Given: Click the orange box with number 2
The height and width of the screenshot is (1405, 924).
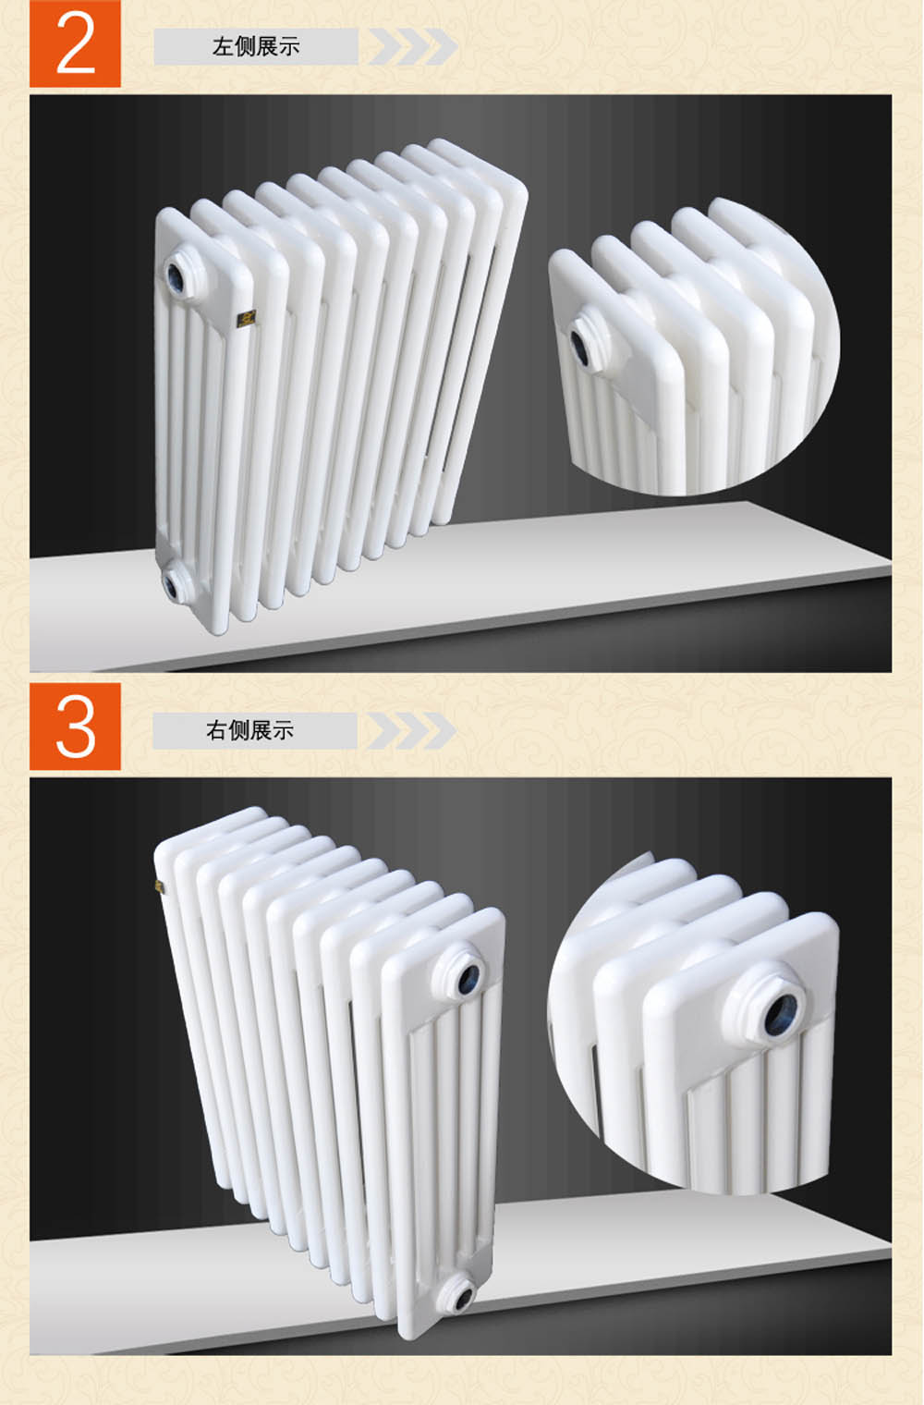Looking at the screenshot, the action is [75, 43].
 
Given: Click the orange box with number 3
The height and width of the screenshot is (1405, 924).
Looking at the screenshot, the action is [75, 727].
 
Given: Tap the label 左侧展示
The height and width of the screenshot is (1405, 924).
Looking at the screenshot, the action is [256, 46].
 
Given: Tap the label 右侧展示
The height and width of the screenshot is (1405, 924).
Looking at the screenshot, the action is [249, 730].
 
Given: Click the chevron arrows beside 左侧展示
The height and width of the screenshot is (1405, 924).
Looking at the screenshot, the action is [412, 46].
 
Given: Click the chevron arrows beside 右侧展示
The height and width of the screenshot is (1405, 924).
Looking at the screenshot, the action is [411, 730].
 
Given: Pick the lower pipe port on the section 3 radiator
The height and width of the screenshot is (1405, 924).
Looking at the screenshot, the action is [459, 1294].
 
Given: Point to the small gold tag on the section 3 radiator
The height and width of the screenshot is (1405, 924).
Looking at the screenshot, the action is [159, 886].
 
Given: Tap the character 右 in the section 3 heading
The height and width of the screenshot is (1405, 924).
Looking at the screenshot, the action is [216, 730].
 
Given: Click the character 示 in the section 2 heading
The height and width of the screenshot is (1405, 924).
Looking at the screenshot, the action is [289, 46].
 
